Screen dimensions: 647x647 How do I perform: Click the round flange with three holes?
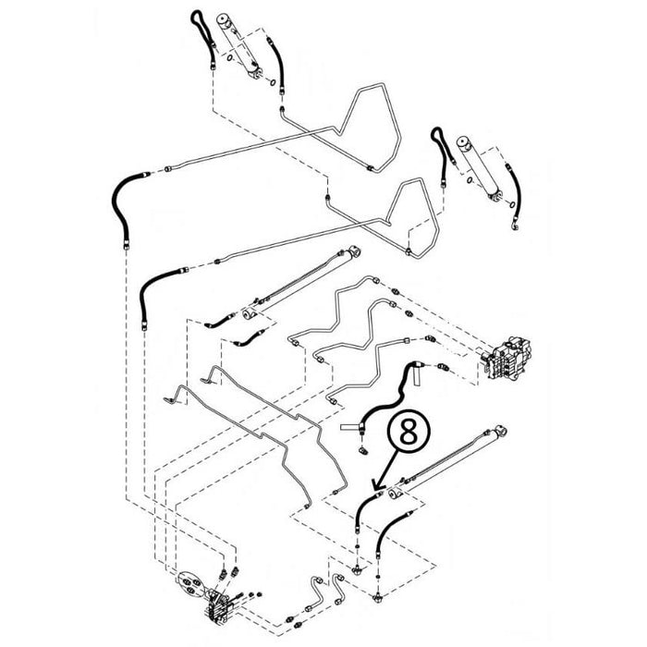(190, 585)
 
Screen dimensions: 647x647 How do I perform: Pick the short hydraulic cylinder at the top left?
(239, 46)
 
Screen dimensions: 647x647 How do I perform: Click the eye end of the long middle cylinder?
(354, 250)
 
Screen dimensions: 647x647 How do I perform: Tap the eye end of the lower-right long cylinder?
(500, 431)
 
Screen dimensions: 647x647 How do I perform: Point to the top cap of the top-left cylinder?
(226, 20)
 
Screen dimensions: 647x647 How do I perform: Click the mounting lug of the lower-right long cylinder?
(396, 493)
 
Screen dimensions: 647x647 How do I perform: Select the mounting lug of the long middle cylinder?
(250, 314)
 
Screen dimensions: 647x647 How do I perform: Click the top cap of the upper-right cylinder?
(465, 143)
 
